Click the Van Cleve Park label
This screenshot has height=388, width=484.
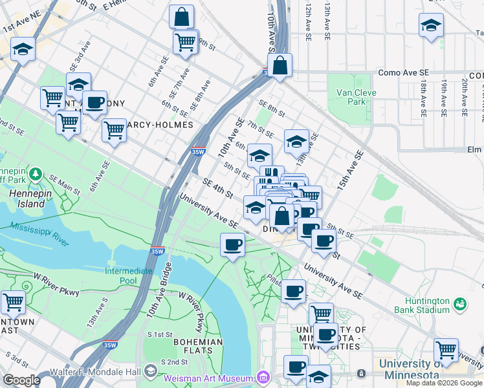(351, 97)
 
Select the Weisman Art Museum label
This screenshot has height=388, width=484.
(208, 378)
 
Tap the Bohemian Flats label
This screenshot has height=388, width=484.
(198, 347)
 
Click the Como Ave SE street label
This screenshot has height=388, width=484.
(404, 73)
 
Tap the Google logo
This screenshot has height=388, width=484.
(21, 380)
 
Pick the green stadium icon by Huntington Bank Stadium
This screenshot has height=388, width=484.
(460, 303)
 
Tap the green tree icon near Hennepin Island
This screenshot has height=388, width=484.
(36, 174)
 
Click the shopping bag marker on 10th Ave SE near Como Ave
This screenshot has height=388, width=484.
(280, 65)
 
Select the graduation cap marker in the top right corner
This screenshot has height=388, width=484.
(431, 26)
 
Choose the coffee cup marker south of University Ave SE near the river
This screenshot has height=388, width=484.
(233, 244)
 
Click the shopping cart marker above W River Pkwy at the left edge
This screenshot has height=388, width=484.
(13, 302)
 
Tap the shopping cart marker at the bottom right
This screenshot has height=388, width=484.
(446, 350)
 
